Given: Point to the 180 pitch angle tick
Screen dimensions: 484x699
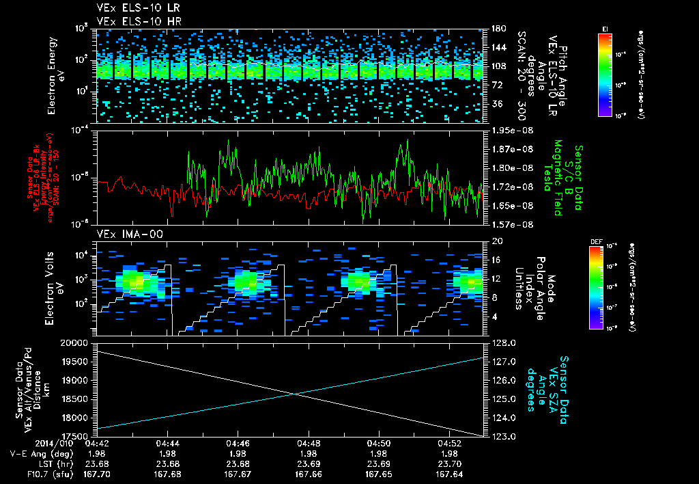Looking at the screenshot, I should point(494,29).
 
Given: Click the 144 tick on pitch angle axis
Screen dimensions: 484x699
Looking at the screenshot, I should point(494,48).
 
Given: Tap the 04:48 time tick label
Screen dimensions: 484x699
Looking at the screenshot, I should point(309,442).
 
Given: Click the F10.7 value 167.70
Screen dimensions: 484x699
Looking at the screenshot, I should point(98,474).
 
